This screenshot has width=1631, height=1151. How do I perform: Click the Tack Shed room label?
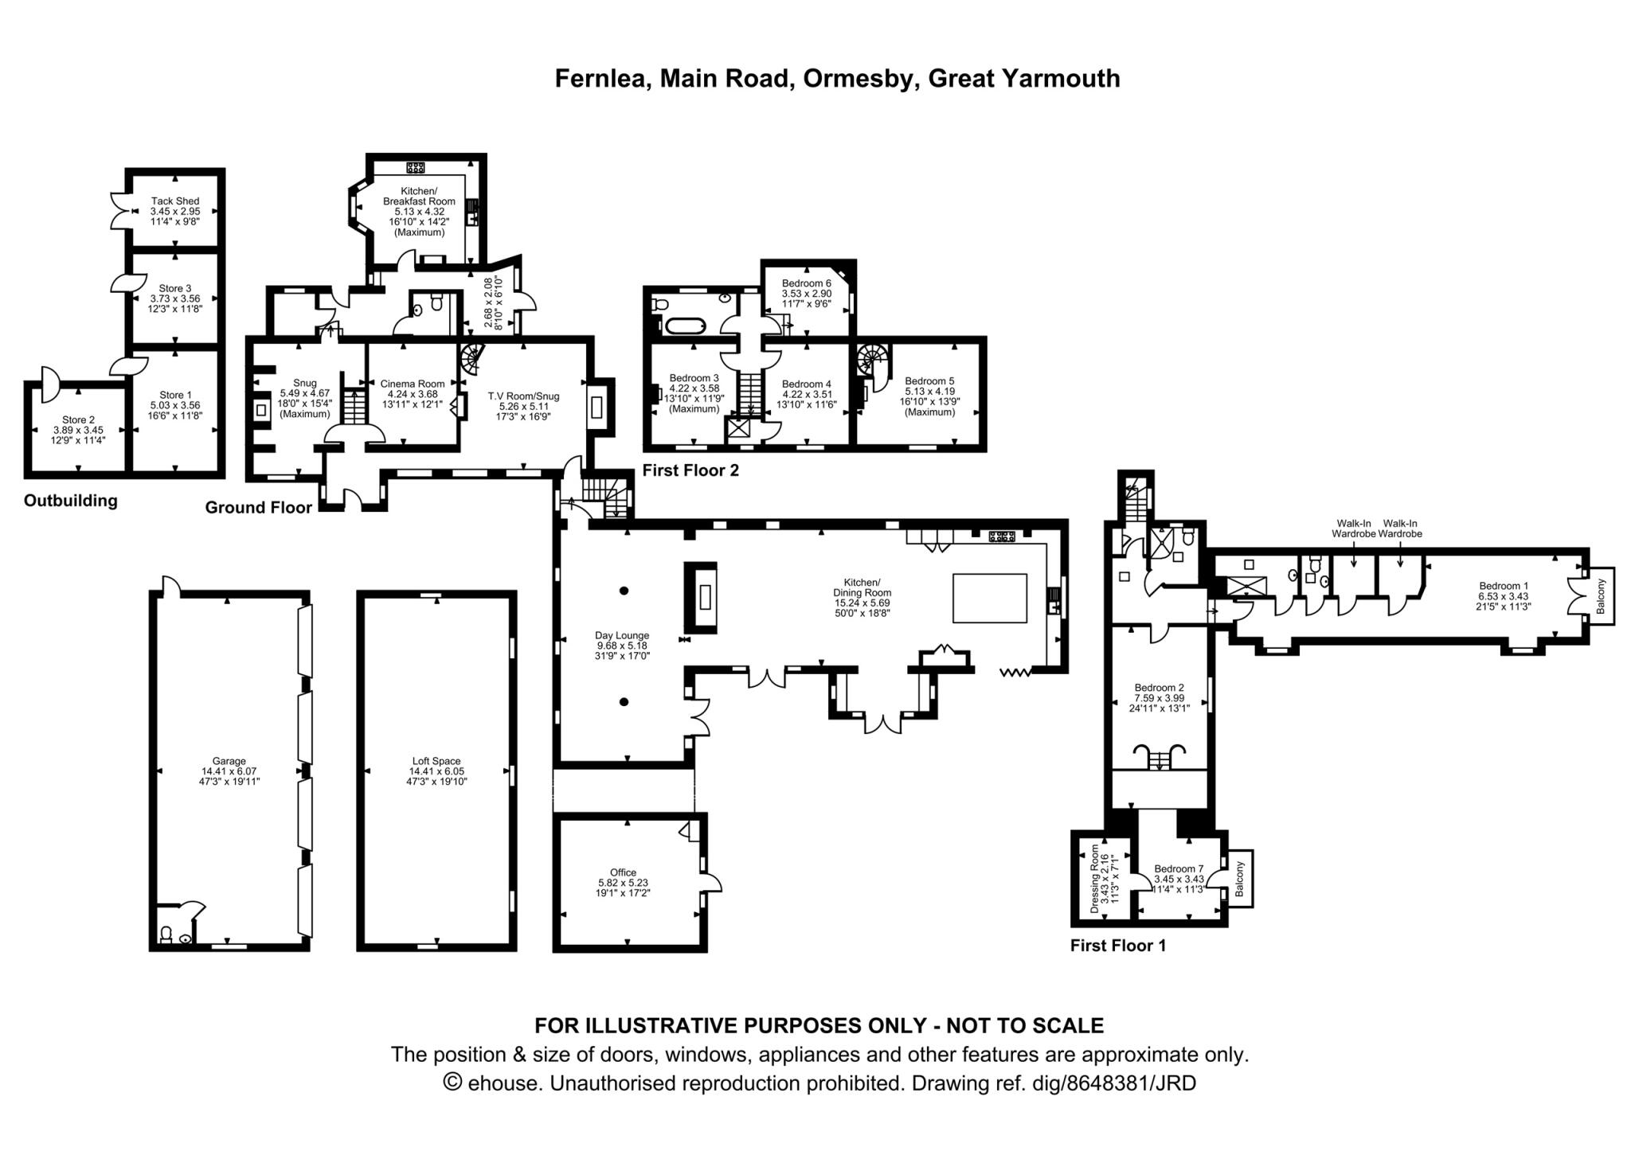pyautogui.click(x=175, y=201)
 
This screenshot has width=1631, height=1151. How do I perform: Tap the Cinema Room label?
pyautogui.click(x=412, y=384)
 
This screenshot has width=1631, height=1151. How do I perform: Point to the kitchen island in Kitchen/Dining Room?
pyautogui.click(x=990, y=598)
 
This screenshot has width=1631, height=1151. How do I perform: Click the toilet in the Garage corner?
pyautogui.click(x=166, y=934)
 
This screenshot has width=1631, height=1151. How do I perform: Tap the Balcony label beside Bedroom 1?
pyautogui.click(x=1601, y=596)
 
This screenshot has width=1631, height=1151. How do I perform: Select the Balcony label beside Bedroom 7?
pyautogui.click(x=1239, y=879)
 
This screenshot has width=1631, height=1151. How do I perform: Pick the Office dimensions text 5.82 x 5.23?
pyautogui.click(x=624, y=883)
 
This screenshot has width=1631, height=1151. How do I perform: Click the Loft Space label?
pyautogui.click(x=436, y=761)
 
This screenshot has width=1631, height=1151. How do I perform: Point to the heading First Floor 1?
pyautogui.click(x=1117, y=946)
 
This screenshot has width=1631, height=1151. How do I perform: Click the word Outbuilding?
pyautogui.click(x=70, y=501)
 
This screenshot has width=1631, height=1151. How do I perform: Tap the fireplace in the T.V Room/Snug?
pyautogui.click(x=596, y=407)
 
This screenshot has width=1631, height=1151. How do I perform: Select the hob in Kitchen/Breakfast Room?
pyautogui.click(x=415, y=167)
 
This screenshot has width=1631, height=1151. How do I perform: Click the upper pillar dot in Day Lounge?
pyautogui.click(x=624, y=591)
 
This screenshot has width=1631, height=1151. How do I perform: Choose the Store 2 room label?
pyautogui.click(x=79, y=420)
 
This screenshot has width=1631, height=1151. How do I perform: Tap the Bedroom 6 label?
pyautogui.click(x=806, y=283)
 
